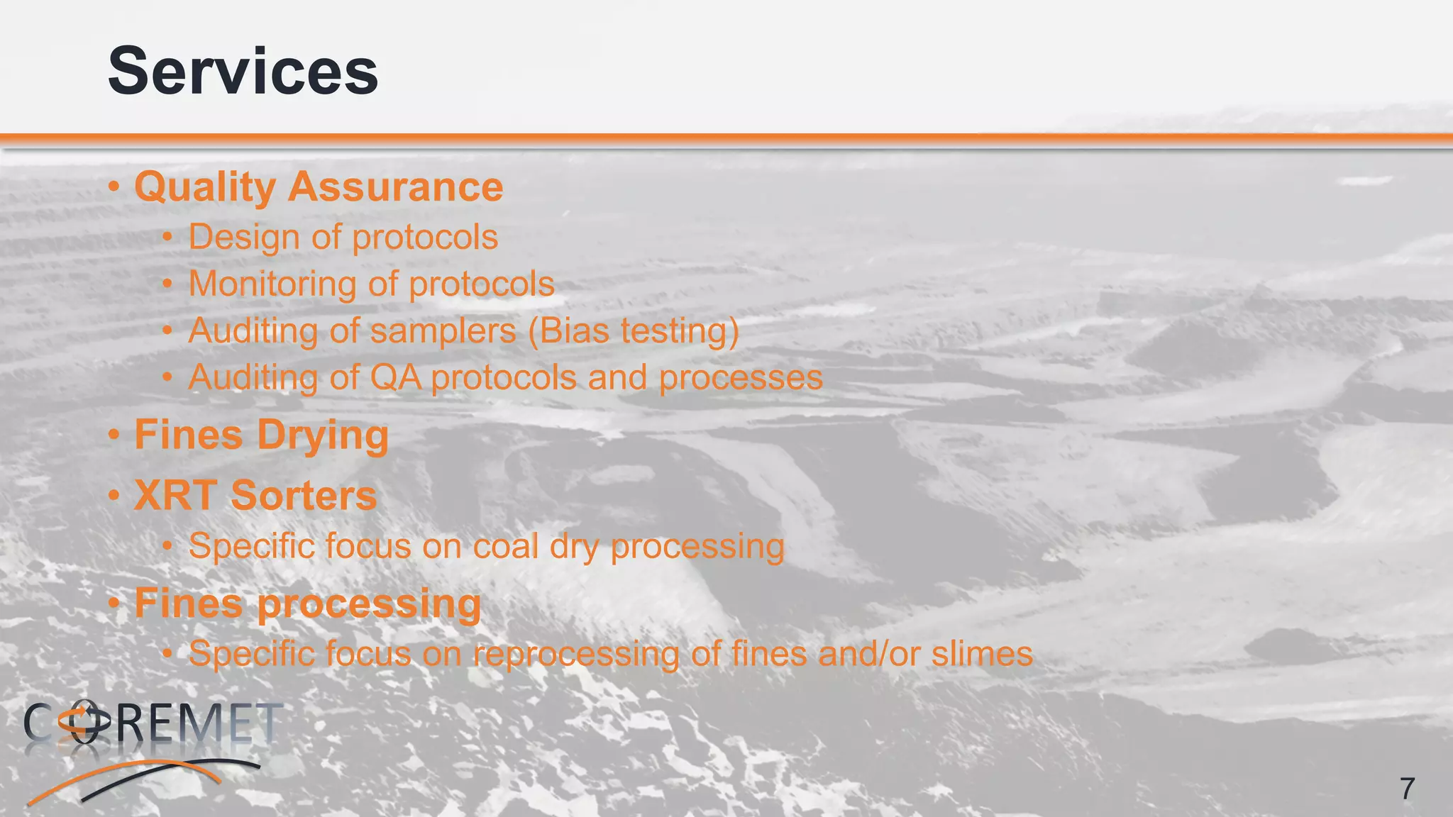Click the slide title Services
coord(243,71)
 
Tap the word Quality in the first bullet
coord(205,187)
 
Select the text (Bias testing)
coord(634,331)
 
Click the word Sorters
coord(304,495)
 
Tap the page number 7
coord(1408,789)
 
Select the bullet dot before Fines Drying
coord(114,435)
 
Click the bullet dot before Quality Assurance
coord(114,188)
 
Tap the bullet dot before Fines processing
coord(114,604)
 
